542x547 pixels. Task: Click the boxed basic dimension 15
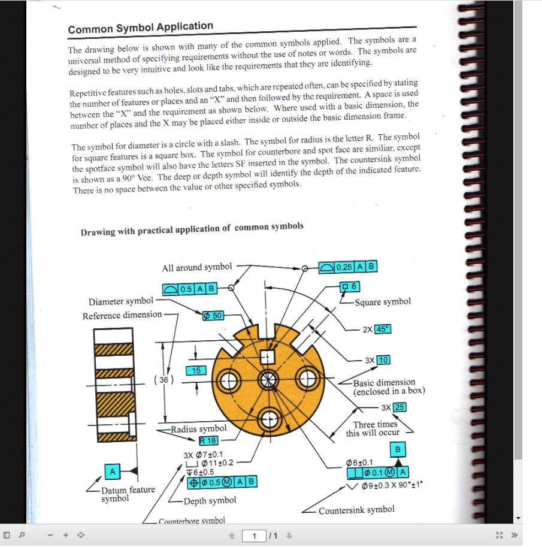(196, 371)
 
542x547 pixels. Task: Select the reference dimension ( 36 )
(163, 380)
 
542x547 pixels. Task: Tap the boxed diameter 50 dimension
(213, 315)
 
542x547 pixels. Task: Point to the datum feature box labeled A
(112, 472)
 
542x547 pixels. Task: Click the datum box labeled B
(398, 449)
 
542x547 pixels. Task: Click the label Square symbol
(383, 302)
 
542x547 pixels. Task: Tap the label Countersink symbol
(356, 510)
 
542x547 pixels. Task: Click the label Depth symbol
(210, 501)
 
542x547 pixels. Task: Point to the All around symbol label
(197, 267)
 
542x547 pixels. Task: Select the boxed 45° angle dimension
(383, 330)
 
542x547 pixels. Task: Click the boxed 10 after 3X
(383, 360)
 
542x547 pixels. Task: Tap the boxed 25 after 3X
(399, 407)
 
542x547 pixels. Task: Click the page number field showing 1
(255, 536)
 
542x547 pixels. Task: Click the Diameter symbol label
(120, 301)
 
